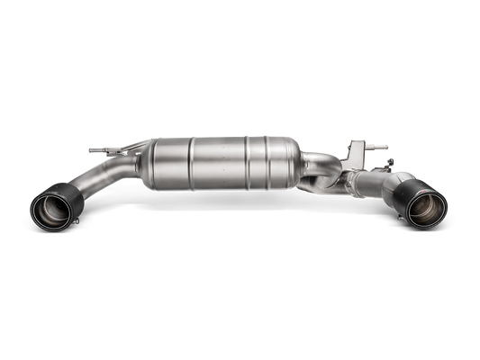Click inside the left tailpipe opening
[52, 213]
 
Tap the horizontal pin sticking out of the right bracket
[379, 145]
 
